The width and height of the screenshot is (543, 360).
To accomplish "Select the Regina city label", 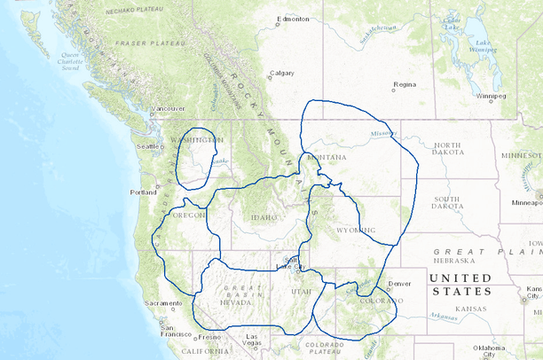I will pos(405,85).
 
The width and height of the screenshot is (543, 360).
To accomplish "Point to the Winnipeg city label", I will pos(491,95).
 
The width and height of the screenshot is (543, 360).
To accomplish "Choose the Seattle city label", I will pos(147,146).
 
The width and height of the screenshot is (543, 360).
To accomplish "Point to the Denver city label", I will pos(399,284).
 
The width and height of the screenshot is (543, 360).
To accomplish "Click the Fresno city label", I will pos(210,337).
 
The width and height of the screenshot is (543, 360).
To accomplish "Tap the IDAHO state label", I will pos(264,217).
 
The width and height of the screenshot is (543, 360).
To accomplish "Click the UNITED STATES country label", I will pos(460,285).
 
